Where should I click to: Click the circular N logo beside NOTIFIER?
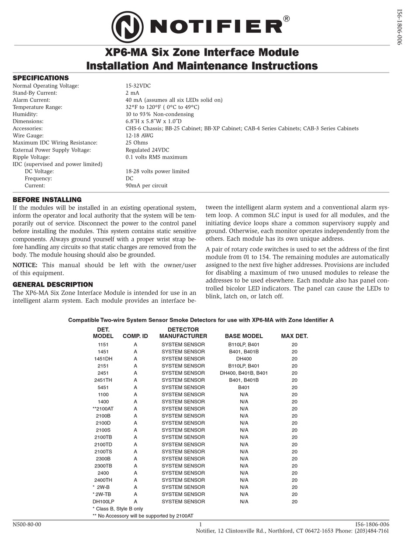click(127, 27)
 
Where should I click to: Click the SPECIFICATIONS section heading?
click(41, 78)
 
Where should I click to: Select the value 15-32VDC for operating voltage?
click(138, 86)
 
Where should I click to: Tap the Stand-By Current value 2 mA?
click(132, 93)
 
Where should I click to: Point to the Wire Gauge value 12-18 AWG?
click(139, 136)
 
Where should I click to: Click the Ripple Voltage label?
click(31, 157)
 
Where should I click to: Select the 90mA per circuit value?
click(146, 186)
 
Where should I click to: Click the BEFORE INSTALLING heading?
click(47, 200)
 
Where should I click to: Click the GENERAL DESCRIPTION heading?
click(52, 285)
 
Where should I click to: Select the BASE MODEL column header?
click(244, 336)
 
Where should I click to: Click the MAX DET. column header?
click(294, 336)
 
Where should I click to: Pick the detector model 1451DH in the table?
click(103, 359)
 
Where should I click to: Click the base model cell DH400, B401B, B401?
click(244, 373)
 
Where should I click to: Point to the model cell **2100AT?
click(103, 409)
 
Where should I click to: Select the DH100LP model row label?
click(103, 502)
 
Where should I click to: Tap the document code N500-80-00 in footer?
click(27, 525)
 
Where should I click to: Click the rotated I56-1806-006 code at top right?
click(399, 26)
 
